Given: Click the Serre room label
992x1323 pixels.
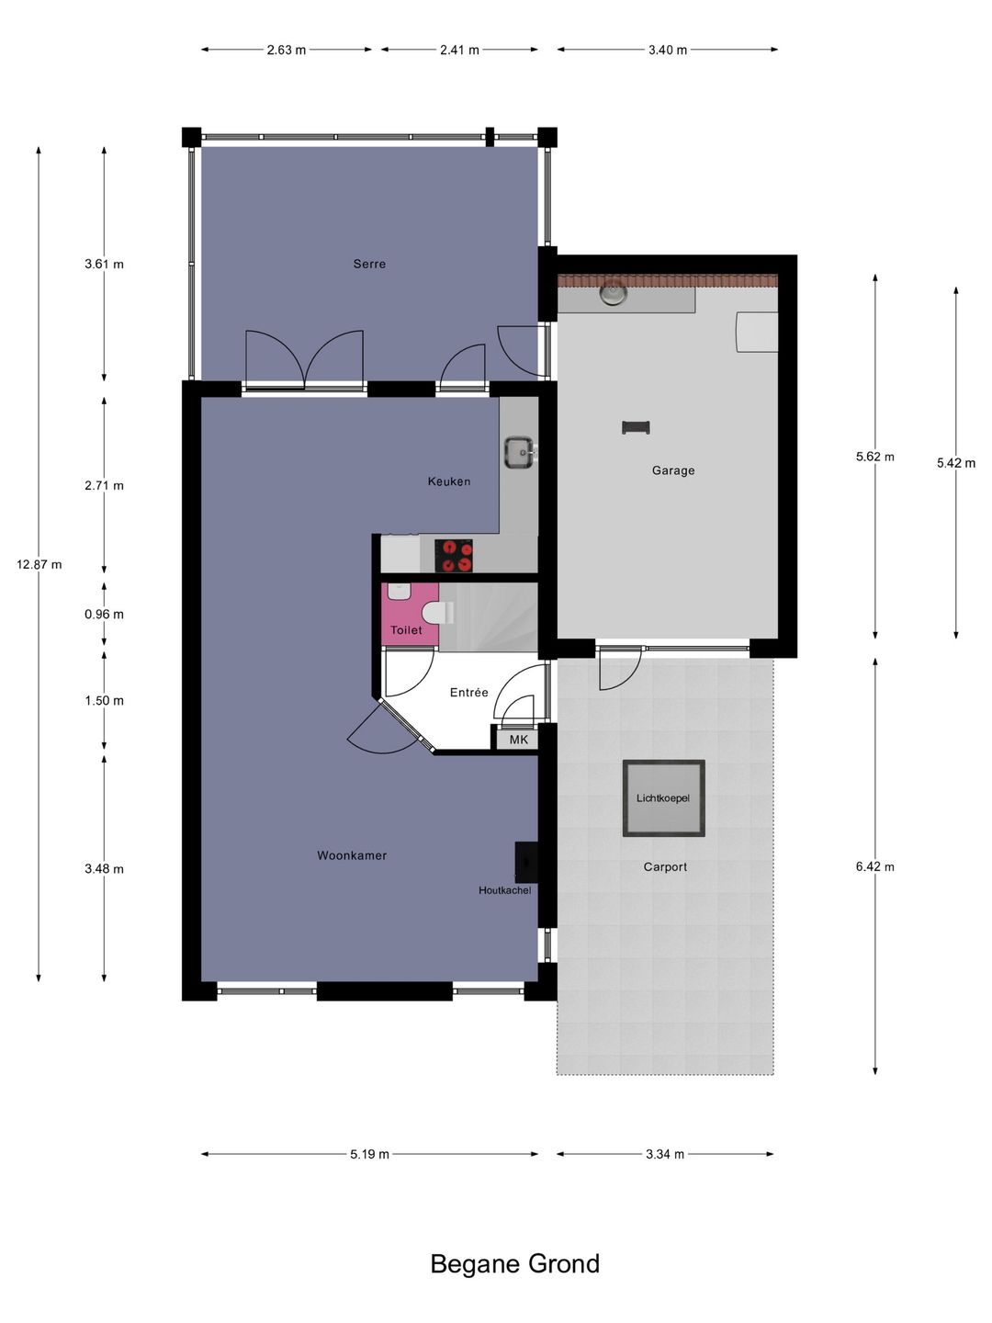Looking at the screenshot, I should click(369, 264).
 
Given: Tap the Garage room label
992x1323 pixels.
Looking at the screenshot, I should click(673, 470).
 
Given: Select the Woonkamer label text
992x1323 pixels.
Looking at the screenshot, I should click(352, 855).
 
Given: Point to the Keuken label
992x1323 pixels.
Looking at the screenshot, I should click(449, 481).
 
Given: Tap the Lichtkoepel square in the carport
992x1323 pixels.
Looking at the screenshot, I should click(663, 797).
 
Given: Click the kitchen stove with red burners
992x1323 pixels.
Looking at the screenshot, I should click(454, 556).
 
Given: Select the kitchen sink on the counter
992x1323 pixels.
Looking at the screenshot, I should click(519, 452).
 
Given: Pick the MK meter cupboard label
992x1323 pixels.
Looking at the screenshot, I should click(519, 740).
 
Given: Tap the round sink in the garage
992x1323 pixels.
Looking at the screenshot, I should click(613, 293).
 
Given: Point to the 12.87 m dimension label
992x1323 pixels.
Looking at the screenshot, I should click(39, 564).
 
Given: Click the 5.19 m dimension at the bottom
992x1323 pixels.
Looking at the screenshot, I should click(369, 1154).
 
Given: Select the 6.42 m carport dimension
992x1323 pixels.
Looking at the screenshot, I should click(874, 866).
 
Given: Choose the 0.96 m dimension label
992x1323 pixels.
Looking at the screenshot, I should click(104, 614).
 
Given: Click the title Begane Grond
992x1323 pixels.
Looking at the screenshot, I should click(514, 1264).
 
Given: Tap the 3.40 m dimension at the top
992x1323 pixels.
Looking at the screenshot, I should click(668, 50).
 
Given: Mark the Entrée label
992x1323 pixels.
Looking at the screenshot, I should click(468, 693).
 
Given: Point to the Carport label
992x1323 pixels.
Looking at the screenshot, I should click(665, 866).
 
